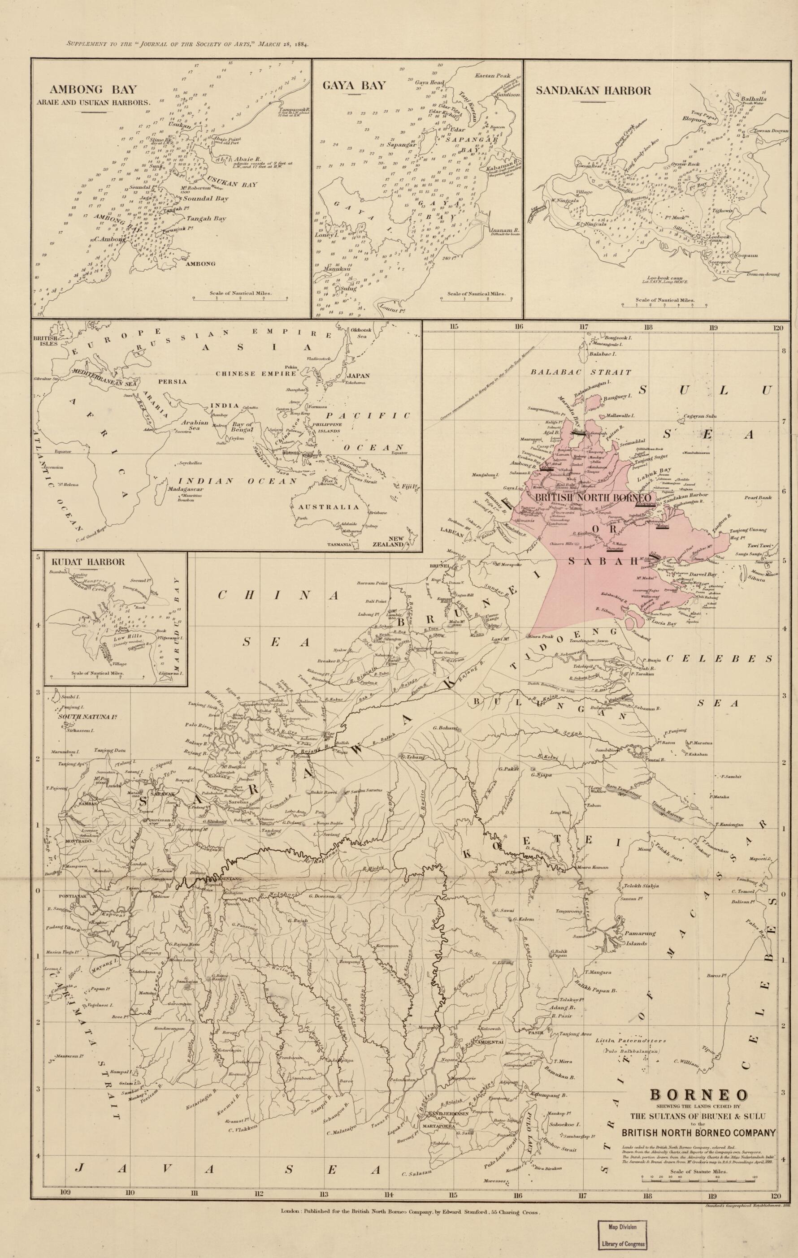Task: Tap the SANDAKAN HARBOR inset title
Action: pyautogui.click(x=593, y=90)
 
